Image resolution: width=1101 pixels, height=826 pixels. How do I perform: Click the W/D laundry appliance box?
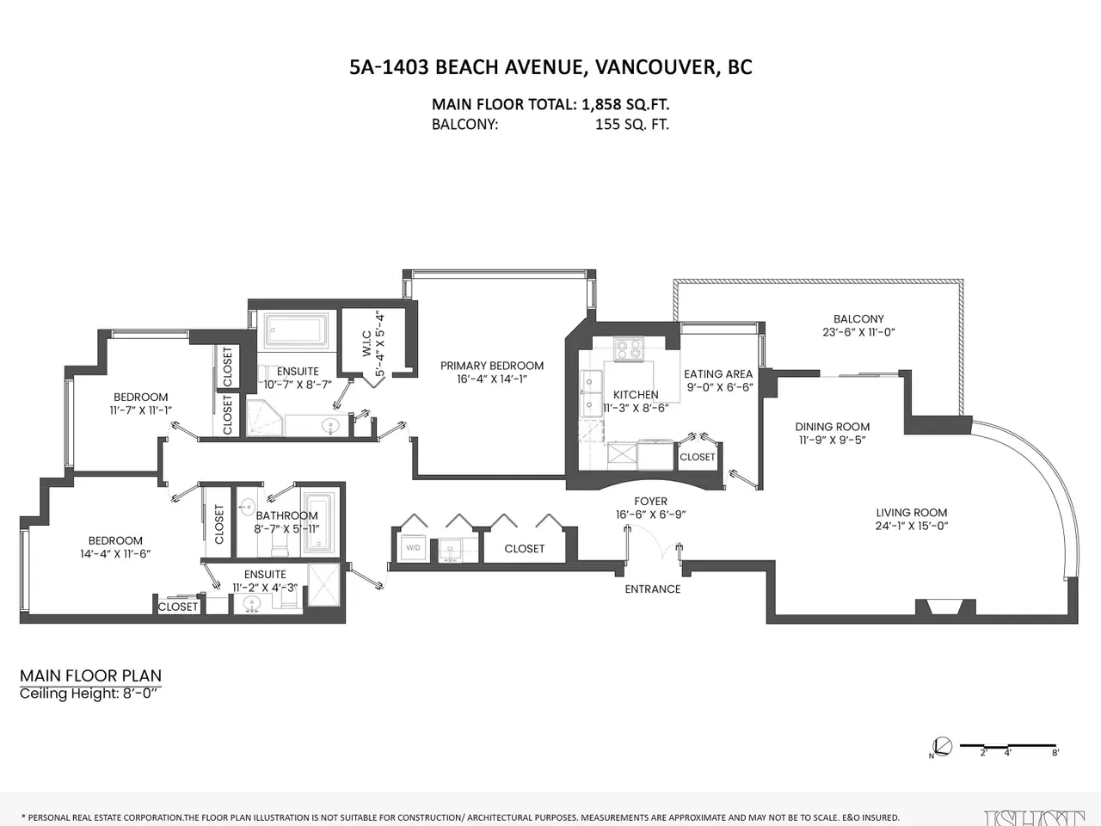pyautogui.click(x=414, y=548)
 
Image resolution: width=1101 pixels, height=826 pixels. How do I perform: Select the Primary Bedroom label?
pyautogui.click(x=491, y=366)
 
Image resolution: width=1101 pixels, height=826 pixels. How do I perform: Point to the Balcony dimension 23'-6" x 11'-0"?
pyautogui.click(x=858, y=332)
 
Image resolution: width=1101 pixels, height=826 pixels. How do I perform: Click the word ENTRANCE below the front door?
pyautogui.click(x=653, y=589)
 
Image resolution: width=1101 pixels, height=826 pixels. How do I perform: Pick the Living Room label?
pyautogui.click(x=912, y=513)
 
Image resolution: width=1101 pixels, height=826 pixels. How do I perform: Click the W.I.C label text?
pyautogui.click(x=366, y=343)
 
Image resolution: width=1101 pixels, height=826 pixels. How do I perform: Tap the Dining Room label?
pyautogui.click(x=832, y=427)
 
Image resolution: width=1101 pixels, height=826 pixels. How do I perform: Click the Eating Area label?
pyautogui.click(x=718, y=374)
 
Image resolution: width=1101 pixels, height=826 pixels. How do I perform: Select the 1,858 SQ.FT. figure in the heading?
pyautogui.click(x=625, y=104)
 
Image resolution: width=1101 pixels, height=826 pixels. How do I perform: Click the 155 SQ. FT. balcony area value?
pyautogui.click(x=632, y=125)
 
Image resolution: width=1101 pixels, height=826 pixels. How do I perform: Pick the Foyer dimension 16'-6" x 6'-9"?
pyautogui.click(x=650, y=515)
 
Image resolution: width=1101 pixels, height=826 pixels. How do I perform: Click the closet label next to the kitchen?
pyautogui.click(x=698, y=457)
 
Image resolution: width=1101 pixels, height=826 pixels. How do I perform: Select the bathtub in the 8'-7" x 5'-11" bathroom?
pyautogui.click(x=317, y=521)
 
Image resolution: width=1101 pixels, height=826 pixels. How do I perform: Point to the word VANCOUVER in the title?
pyautogui.click(x=655, y=67)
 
